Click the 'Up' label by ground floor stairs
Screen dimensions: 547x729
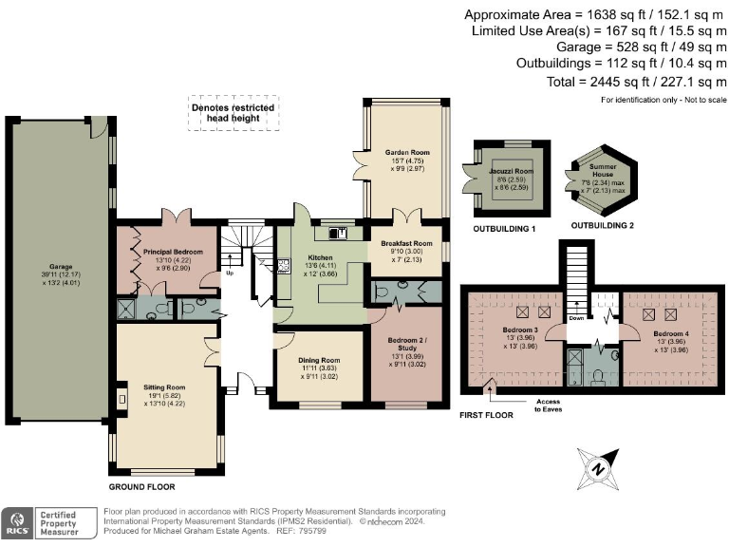coord(230,274)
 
